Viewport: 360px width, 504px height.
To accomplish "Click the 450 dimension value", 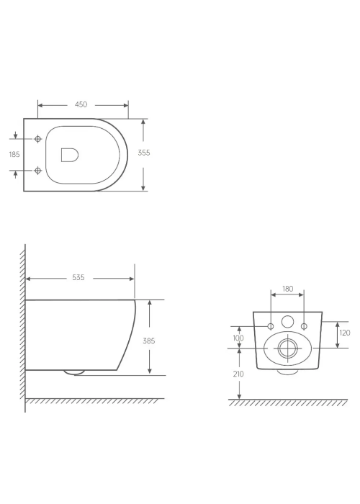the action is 81,104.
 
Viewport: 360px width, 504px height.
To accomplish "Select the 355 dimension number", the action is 144,153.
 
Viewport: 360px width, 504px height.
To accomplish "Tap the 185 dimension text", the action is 14,154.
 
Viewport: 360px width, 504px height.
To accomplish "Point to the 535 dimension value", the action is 78,277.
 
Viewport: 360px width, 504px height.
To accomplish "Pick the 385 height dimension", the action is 149,341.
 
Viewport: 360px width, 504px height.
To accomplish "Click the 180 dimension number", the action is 288,289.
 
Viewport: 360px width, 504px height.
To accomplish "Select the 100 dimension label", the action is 238,338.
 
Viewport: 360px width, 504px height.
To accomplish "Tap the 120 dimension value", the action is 345,333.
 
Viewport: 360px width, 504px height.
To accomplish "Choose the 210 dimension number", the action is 238,374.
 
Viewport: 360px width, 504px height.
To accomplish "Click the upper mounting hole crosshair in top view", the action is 38,139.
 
